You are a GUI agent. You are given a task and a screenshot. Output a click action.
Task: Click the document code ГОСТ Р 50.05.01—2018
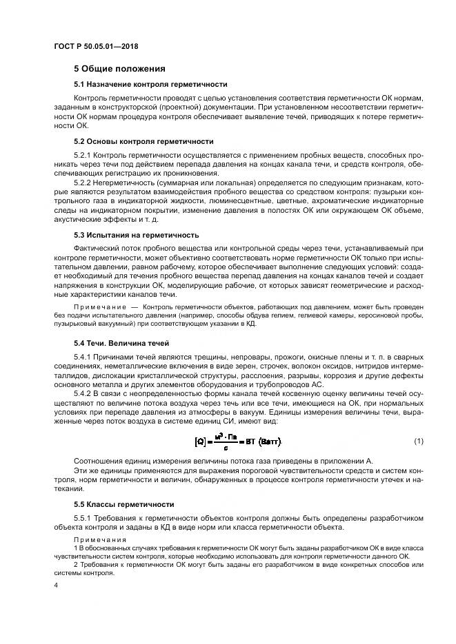[97, 46]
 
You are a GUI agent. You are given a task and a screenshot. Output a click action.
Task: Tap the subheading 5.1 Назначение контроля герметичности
[150, 84]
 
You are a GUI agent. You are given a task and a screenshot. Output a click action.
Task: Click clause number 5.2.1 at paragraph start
[83, 156]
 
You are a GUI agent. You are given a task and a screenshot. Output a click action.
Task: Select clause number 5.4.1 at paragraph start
[83, 357]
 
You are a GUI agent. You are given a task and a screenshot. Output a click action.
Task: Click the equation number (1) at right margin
[419, 440]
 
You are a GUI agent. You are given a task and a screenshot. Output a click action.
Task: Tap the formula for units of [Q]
[239, 441]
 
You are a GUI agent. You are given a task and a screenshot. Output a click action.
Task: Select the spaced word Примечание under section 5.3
[99, 305]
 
